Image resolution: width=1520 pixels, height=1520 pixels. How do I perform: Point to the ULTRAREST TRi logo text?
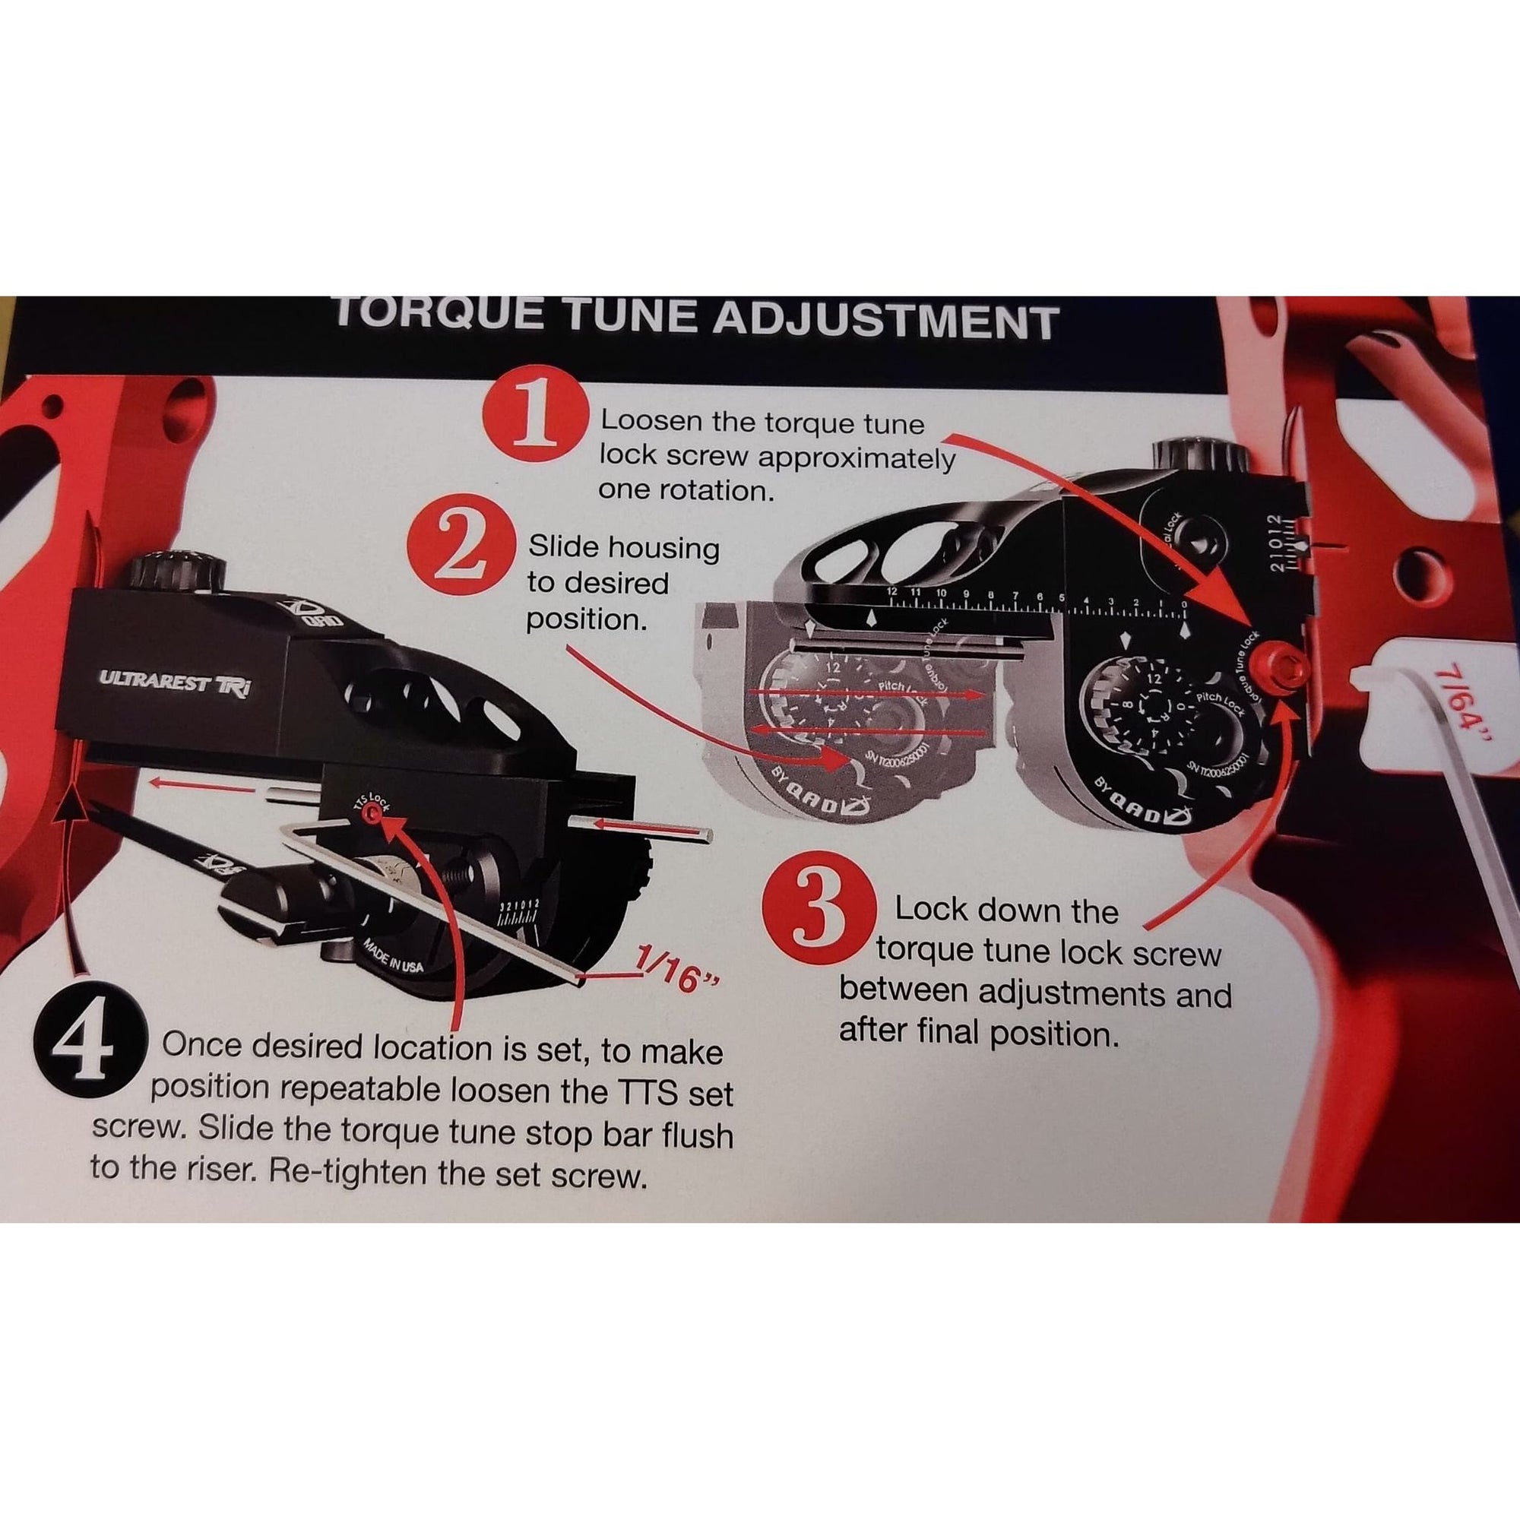click(175, 683)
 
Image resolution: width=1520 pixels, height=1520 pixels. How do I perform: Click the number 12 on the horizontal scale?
click(891, 591)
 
